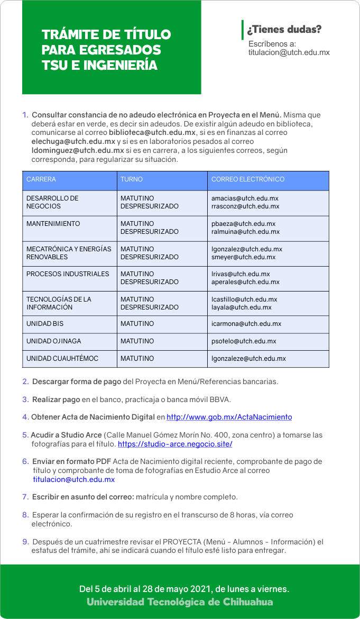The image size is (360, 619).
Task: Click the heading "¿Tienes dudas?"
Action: click(284, 30)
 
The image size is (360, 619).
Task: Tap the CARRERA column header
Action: click(41, 179)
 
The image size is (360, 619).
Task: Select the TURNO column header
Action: click(132, 179)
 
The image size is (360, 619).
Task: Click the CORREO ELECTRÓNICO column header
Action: click(248, 179)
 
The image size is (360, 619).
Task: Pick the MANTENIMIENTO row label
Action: click(53, 224)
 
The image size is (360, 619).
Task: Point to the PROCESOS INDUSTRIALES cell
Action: click(68, 274)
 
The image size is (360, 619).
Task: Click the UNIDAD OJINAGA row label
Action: click(54, 341)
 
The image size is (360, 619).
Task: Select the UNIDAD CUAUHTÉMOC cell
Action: click(62, 359)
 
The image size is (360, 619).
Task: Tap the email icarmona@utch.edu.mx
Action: click(246, 324)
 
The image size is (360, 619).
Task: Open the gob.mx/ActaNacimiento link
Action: click(229, 417)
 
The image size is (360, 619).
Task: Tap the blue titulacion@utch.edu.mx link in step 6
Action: click(74, 480)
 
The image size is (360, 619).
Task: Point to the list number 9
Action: click(25, 542)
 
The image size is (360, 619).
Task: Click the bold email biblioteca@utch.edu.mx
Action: click(152, 132)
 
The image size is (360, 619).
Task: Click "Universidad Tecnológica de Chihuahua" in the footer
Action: click(180, 602)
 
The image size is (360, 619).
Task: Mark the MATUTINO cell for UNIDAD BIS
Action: click(137, 324)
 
